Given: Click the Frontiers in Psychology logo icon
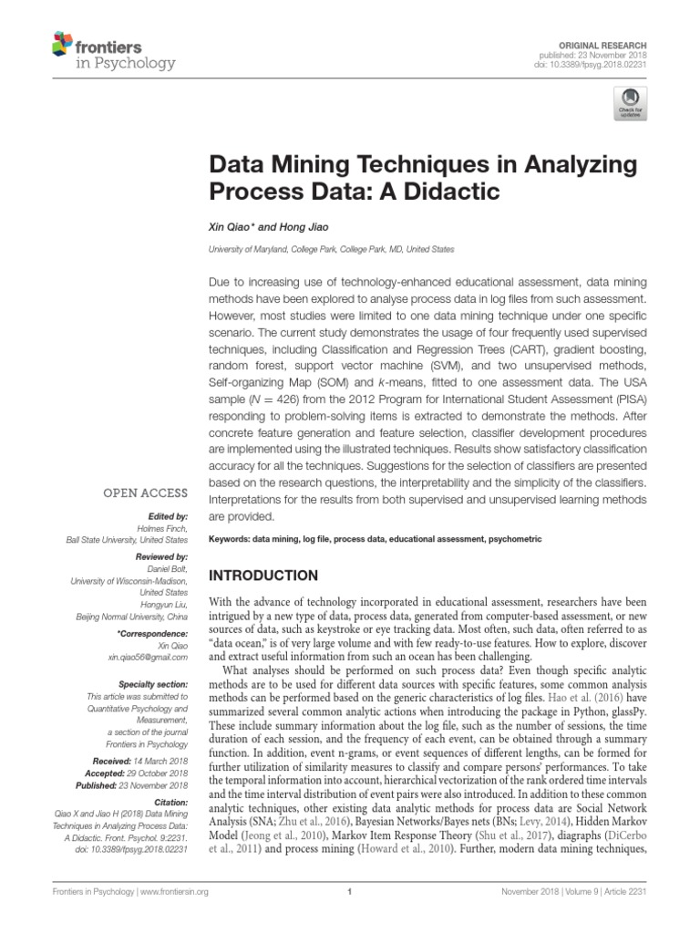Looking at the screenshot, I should (x=62, y=43).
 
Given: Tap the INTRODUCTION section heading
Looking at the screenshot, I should (x=264, y=576).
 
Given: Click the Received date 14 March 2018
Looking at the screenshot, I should (x=162, y=760).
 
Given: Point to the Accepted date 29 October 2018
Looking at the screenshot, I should (x=162, y=773).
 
